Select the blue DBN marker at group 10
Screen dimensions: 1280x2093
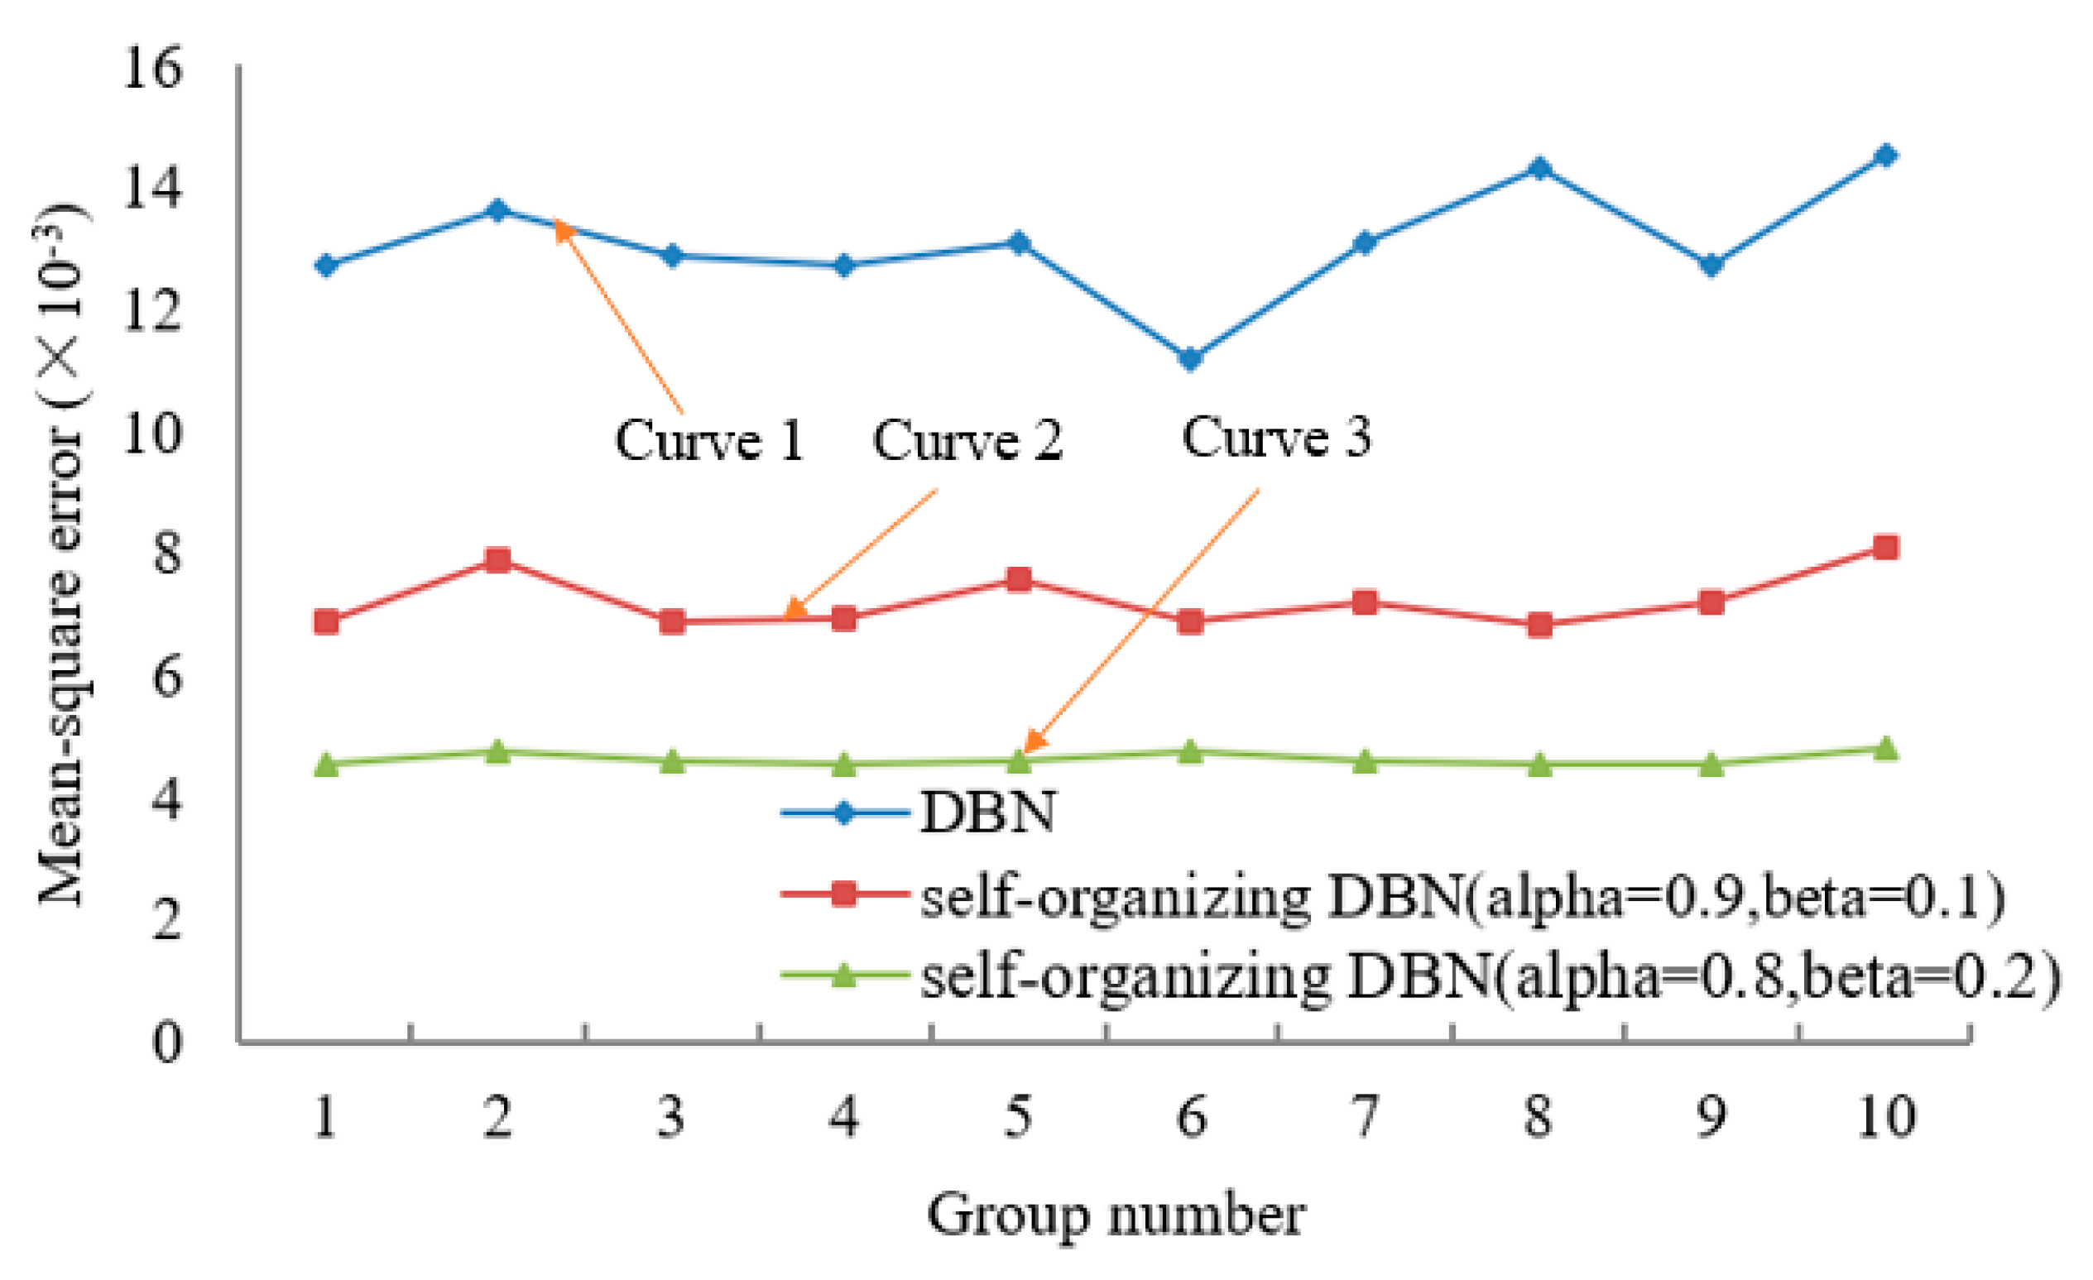[1885, 156]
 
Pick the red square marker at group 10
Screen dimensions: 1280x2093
[1885, 547]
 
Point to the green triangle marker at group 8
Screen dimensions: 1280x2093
[1539, 765]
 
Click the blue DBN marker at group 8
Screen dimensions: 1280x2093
[1539, 167]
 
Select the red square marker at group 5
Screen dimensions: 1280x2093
[1019, 580]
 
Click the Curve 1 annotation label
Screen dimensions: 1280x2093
[709, 442]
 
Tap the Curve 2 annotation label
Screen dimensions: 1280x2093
[967, 442]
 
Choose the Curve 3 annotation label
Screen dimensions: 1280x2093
[1276, 439]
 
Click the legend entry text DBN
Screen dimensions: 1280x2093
[988, 813]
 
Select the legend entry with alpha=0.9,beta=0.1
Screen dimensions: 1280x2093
[1461, 896]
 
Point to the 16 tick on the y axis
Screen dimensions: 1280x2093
[152, 67]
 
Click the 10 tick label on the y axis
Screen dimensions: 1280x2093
[152, 434]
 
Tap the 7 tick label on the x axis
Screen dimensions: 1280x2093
[1364, 1116]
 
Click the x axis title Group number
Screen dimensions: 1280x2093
[1116, 1215]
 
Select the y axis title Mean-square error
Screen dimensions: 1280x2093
[62, 556]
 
